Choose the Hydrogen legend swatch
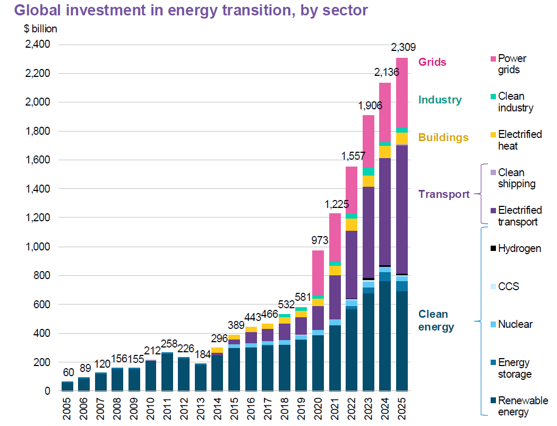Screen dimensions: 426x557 (x=492, y=248)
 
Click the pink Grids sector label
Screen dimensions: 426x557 (x=432, y=62)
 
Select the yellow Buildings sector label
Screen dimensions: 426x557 (x=443, y=137)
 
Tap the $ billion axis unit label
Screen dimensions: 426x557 (x=40, y=29)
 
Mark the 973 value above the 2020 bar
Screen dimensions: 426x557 (x=318, y=241)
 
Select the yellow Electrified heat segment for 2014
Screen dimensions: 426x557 (x=217, y=350)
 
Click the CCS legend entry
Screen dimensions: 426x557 (x=508, y=286)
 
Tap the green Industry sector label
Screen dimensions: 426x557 (x=440, y=100)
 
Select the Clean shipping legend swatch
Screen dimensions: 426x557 (x=492, y=172)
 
